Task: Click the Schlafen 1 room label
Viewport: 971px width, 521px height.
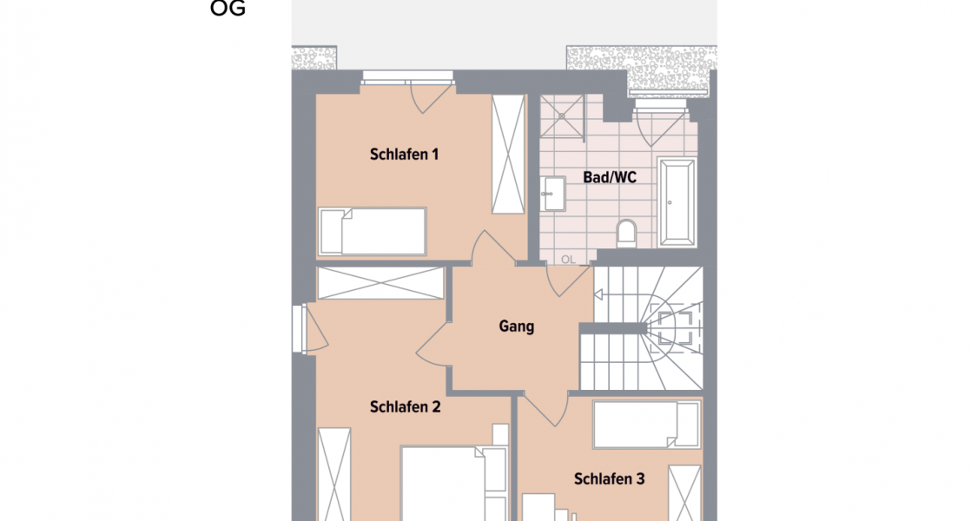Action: coord(404,155)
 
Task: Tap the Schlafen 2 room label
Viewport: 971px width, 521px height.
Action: coord(405,406)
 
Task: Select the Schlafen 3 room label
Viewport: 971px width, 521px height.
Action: coord(609,478)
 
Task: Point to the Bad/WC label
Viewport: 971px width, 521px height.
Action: coord(610,177)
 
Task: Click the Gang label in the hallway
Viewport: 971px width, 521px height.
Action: coord(516,327)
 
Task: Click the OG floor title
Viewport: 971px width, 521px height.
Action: coord(228,10)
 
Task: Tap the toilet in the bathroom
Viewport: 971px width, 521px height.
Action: coord(625,233)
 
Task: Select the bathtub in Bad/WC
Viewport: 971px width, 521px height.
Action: coord(677,201)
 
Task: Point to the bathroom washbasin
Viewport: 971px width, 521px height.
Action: coord(551,193)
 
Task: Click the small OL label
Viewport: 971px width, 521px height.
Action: coord(568,259)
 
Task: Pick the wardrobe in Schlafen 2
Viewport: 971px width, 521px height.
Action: coord(334,473)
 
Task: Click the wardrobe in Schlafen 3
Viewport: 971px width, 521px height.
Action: coord(684,492)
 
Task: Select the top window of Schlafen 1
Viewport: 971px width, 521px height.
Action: coord(407,81)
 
